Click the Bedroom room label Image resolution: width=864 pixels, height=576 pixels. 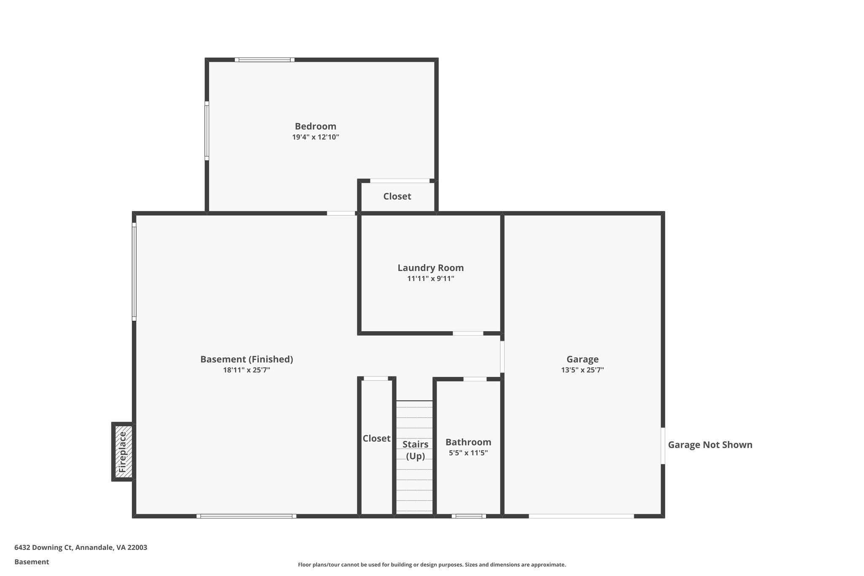(315, 126)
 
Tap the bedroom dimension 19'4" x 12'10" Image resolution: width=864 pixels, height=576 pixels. (315, 137)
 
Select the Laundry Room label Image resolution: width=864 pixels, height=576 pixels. (430, 268)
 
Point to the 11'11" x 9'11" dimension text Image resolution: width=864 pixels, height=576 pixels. (430, 279)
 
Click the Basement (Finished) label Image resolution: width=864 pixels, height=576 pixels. (246, 359)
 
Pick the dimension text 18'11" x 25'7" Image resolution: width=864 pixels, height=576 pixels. (246, 370)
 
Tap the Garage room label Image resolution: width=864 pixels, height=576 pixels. (582, 359)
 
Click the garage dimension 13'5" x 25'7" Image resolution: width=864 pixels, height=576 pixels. (582, 370)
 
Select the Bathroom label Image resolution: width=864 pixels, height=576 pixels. (468, 442)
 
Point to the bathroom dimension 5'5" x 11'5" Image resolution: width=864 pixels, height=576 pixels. (468, 453)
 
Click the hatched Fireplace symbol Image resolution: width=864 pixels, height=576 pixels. (123, 452)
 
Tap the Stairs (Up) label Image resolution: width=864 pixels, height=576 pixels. (415, 450)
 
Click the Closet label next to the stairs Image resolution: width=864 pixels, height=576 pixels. (376, 438)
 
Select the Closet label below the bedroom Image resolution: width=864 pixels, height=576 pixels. (397, 196)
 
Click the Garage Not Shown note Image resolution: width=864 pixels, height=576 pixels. (710, 445)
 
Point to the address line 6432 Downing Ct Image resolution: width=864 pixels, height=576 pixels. (81, 547)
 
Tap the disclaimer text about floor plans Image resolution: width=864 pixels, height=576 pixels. (432, 565)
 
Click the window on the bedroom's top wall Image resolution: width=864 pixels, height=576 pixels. (265, 60)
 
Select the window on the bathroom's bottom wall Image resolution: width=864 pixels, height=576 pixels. (468, 516)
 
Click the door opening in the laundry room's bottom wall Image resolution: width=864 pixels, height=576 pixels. (468, 333)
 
